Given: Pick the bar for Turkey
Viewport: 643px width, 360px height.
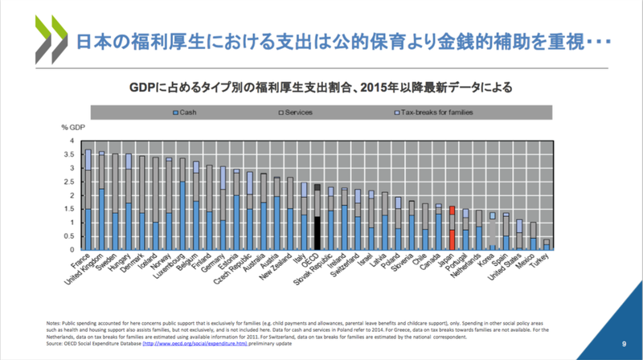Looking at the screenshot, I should pyautogui.click(x=547, y=244).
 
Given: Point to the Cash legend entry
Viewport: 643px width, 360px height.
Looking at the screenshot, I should pyautogui.click(x=187, y=112).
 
